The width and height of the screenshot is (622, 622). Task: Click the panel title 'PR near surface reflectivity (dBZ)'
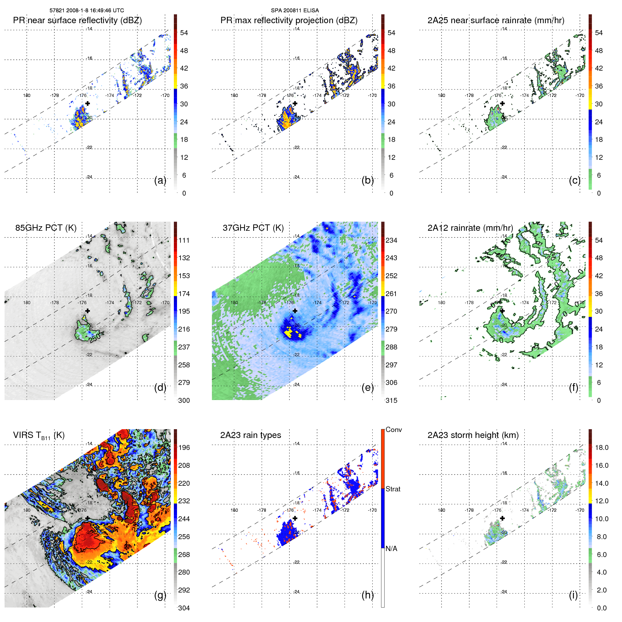pos(77,20)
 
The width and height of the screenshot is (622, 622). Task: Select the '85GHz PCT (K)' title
pos(46,228)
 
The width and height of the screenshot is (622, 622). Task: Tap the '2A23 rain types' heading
pos(250,435)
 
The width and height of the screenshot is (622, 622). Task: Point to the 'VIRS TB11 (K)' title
pos(39,436)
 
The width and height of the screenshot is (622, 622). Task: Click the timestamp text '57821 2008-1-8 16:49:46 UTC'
pos(86,11)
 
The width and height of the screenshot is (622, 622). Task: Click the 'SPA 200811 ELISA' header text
pos(295,11)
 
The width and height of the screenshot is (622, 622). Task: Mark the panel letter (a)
pos(160,181)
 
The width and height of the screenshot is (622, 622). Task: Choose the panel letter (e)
pos(368,388)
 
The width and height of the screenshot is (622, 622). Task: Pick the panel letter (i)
pos(573,595)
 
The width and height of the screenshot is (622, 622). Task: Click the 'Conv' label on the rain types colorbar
pos(394,430)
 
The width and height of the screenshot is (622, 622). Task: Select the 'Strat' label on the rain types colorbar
pos(393,489)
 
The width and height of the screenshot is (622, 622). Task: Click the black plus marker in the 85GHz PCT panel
pos(87,311)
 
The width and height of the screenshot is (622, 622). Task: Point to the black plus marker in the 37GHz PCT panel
pos(295,311)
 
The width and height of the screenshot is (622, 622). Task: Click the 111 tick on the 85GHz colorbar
pos(184,240)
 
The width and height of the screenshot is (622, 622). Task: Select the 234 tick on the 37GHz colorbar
pos(391,240)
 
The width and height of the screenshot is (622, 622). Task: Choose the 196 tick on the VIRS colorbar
pos(184,447)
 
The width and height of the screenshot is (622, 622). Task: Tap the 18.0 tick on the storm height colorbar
pos(602,447)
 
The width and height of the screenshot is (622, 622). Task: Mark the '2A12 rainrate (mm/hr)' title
pos(470,228)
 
